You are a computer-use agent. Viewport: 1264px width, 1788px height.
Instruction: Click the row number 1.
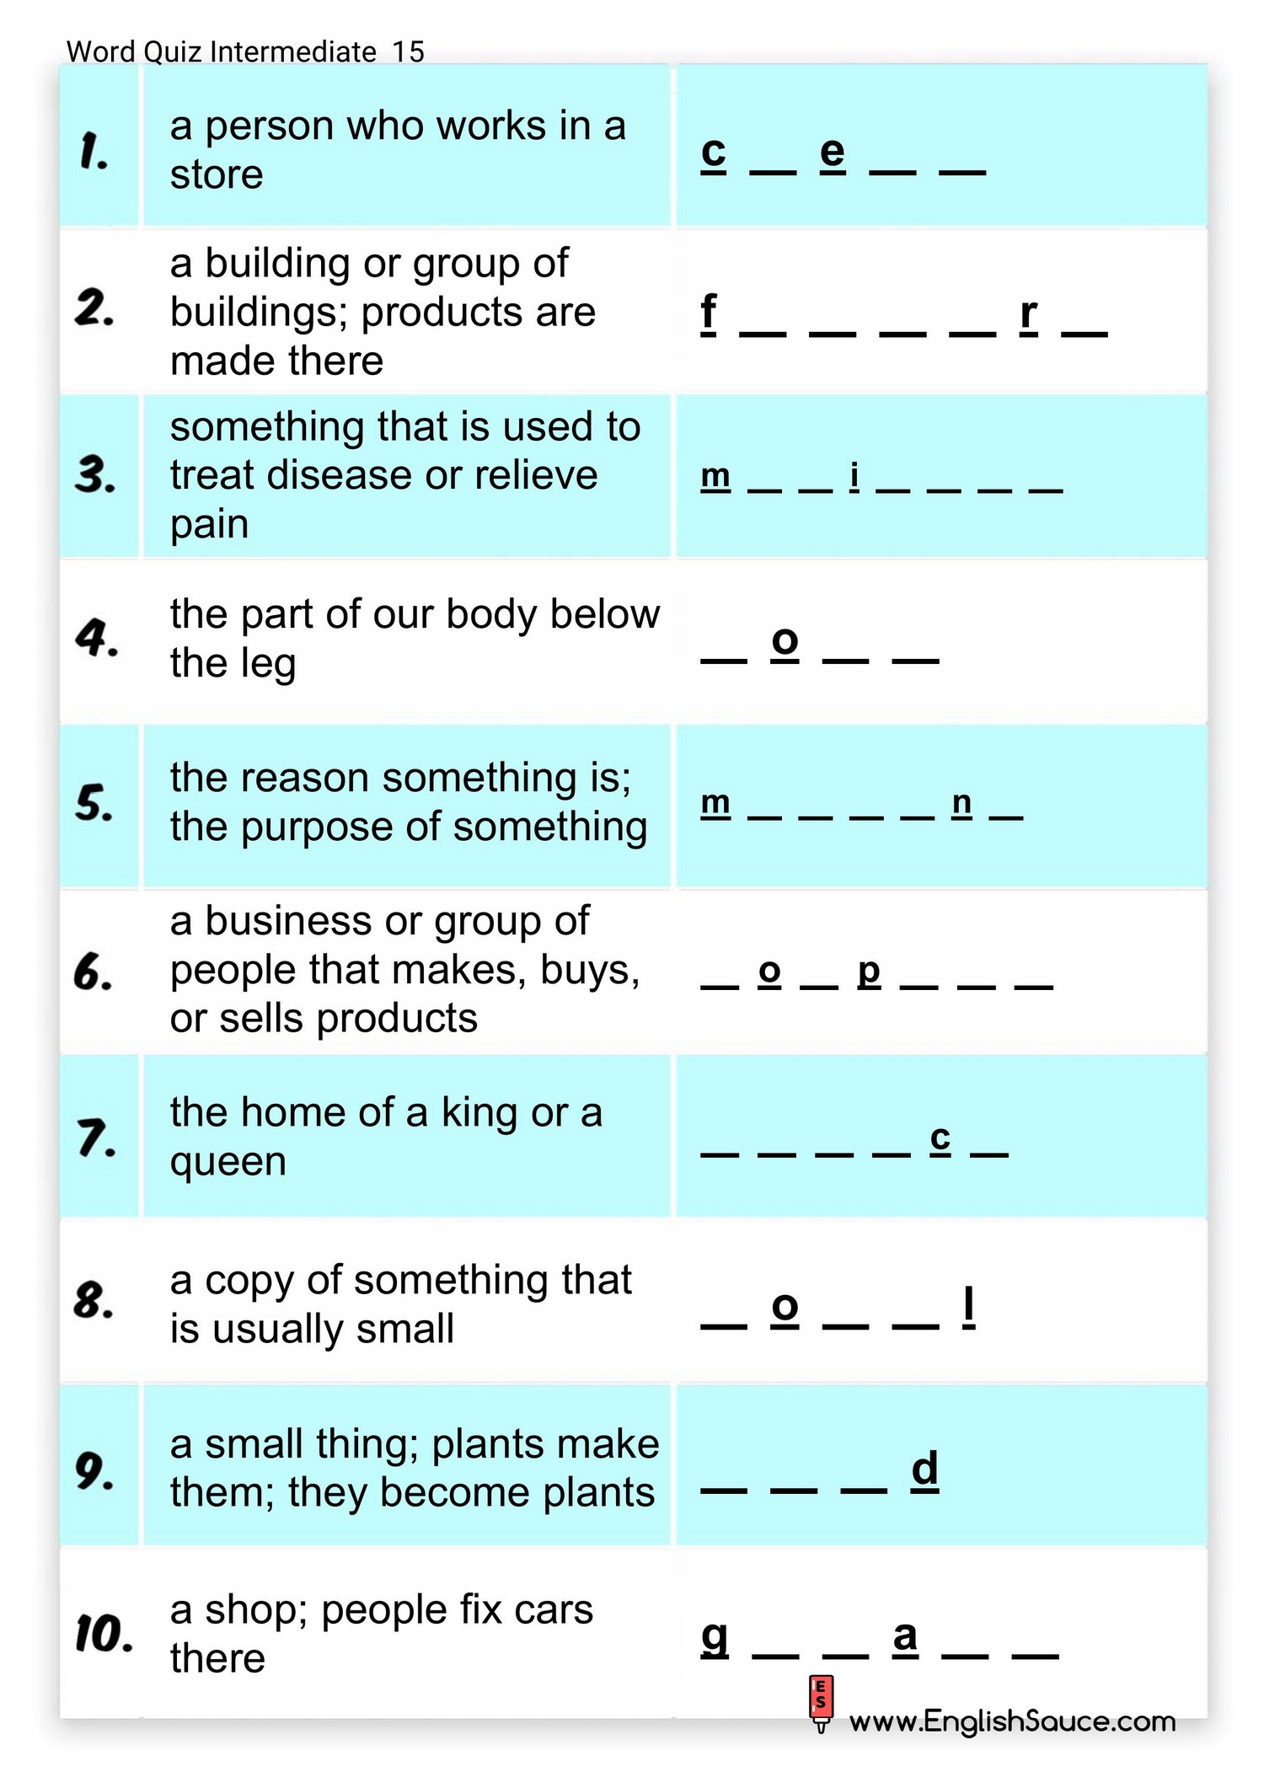pos(94,152)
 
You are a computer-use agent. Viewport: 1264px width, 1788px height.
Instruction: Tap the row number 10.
pos(104,1635)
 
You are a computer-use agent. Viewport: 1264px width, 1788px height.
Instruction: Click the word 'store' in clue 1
pos(217,175)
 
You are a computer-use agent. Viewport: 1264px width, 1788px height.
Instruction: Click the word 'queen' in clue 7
pos(228,1163)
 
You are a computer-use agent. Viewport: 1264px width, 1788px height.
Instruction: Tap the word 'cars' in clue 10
pos(554,1610)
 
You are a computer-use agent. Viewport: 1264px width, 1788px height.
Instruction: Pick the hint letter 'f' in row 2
pos(709,312)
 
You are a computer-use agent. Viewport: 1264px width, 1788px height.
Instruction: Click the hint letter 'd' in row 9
pos(924,1469)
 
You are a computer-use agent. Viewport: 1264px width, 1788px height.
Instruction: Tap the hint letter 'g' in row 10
pos(715,1637)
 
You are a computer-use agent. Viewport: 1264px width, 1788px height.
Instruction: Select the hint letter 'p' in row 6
pos(869,972)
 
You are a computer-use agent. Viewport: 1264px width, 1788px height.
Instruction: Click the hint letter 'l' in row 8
pos(968,1305)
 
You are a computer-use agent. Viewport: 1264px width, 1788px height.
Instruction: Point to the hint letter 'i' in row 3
pos(854,476)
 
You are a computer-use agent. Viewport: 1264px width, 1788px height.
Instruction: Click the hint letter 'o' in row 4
pos(785,640)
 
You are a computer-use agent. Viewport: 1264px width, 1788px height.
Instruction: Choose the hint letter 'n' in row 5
pos(961,803)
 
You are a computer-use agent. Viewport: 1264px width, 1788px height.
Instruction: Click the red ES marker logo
pos(821,1702)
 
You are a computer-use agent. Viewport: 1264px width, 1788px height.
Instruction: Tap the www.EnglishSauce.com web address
pos(1012,1721)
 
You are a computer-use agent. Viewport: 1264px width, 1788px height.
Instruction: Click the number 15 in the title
pos(408,52)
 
